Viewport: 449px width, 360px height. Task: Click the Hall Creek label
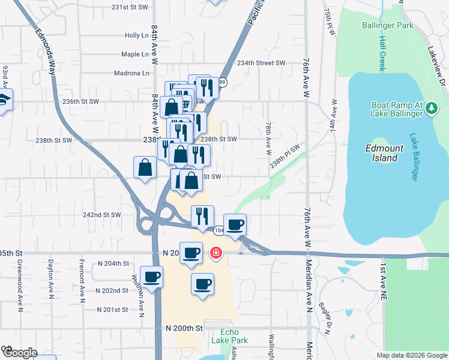382,53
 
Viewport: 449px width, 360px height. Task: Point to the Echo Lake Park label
225,336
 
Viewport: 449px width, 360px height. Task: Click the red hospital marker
215,254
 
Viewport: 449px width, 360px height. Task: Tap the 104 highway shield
220,230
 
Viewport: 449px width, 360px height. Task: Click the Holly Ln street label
136,35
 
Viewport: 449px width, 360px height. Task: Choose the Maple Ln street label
134,54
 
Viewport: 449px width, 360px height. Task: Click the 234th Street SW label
261,63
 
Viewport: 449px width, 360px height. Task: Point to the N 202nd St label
112,290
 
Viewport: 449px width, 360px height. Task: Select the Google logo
19,353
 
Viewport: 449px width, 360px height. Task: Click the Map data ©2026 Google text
412,355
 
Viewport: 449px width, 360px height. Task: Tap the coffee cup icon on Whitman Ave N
152,277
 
